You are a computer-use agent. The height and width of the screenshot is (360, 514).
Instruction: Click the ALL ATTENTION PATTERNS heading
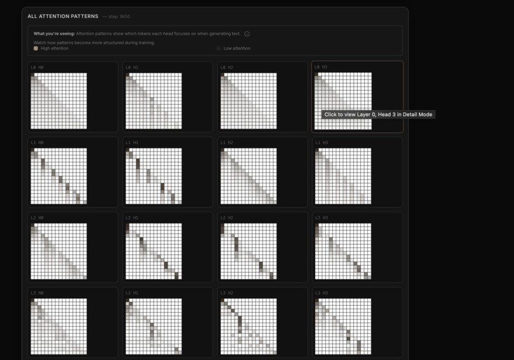click(62, 17)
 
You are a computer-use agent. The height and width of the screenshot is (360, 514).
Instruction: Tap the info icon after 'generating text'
click(247, 34)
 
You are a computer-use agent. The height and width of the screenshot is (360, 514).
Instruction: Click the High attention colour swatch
click(36, 48)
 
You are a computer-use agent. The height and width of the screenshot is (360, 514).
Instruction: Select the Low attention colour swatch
click(219, 48)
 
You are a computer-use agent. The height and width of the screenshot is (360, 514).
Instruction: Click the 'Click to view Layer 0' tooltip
click(378, 115)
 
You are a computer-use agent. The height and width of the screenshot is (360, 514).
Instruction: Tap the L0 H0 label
click(37, 67)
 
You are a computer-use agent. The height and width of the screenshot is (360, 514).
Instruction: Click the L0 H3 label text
click(321, 67)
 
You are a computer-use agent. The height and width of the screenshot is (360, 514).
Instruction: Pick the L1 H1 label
click(132, 142)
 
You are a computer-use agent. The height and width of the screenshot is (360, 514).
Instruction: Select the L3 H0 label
click(37, 293)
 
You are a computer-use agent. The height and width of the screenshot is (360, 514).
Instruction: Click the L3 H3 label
click(321, 293)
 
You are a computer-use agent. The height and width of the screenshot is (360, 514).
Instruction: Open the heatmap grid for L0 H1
click(154, 101)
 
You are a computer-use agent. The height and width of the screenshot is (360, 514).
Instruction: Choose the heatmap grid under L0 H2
click(249, 101)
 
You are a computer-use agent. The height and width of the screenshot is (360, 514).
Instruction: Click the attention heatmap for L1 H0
click(59, 176)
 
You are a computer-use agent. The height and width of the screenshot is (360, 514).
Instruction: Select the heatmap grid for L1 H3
click(343, 176)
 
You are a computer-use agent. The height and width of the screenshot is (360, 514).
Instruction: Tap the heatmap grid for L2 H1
click(154, 251)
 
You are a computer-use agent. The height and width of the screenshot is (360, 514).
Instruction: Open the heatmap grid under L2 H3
click(343, 251)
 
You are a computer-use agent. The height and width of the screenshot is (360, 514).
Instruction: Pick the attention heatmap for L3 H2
click(249, 326)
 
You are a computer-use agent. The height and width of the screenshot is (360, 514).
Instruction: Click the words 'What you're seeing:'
click(54, 33)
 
